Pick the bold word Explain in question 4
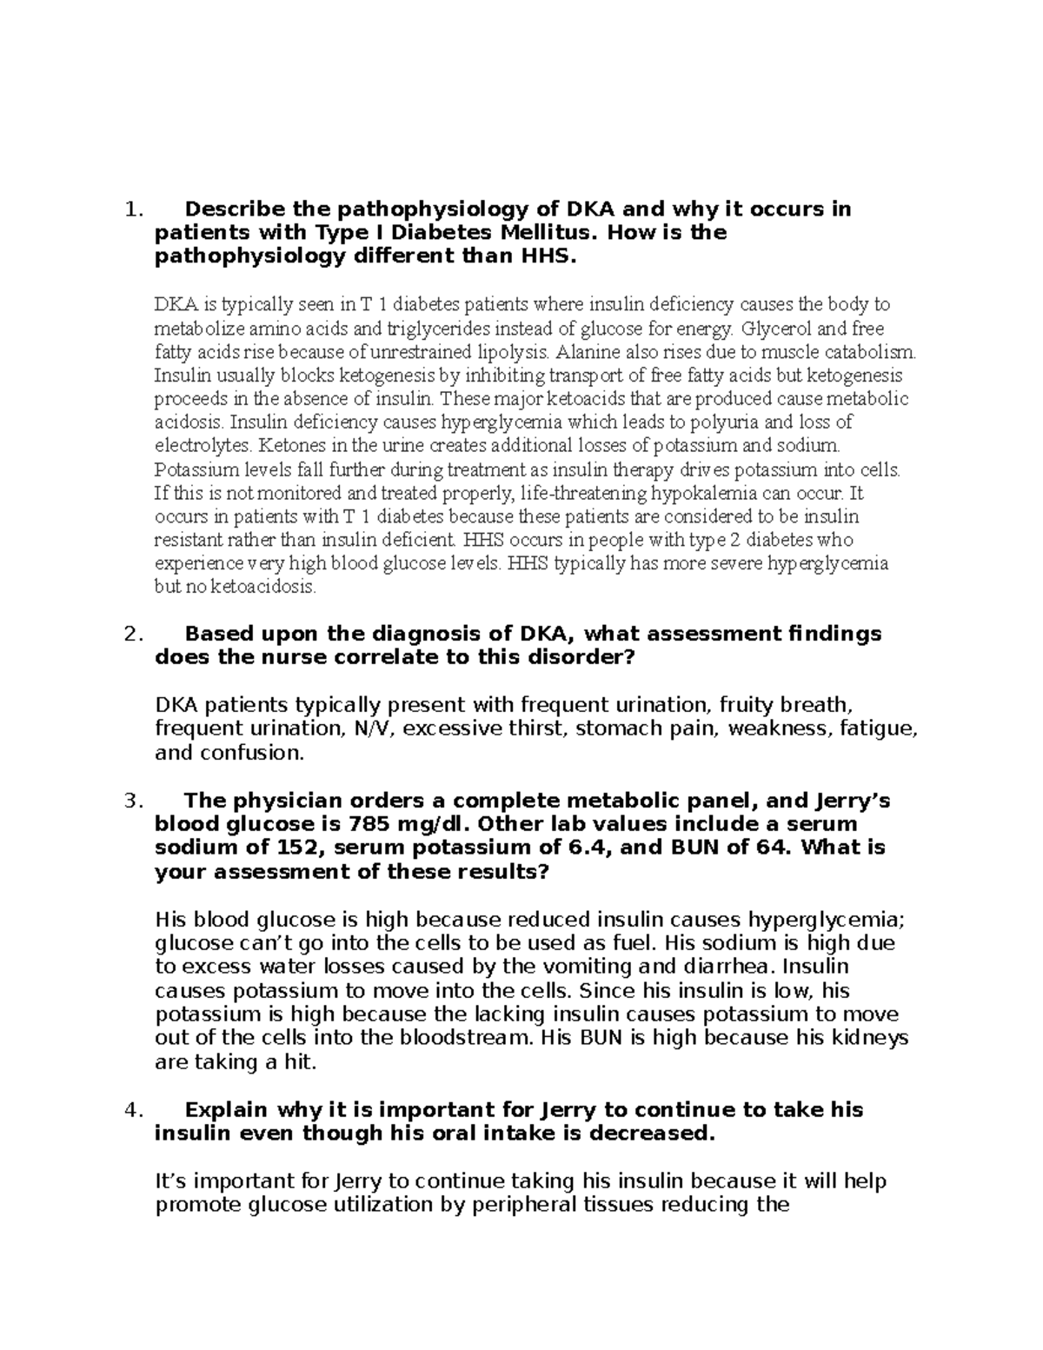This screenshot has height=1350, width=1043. click(228, 1110)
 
